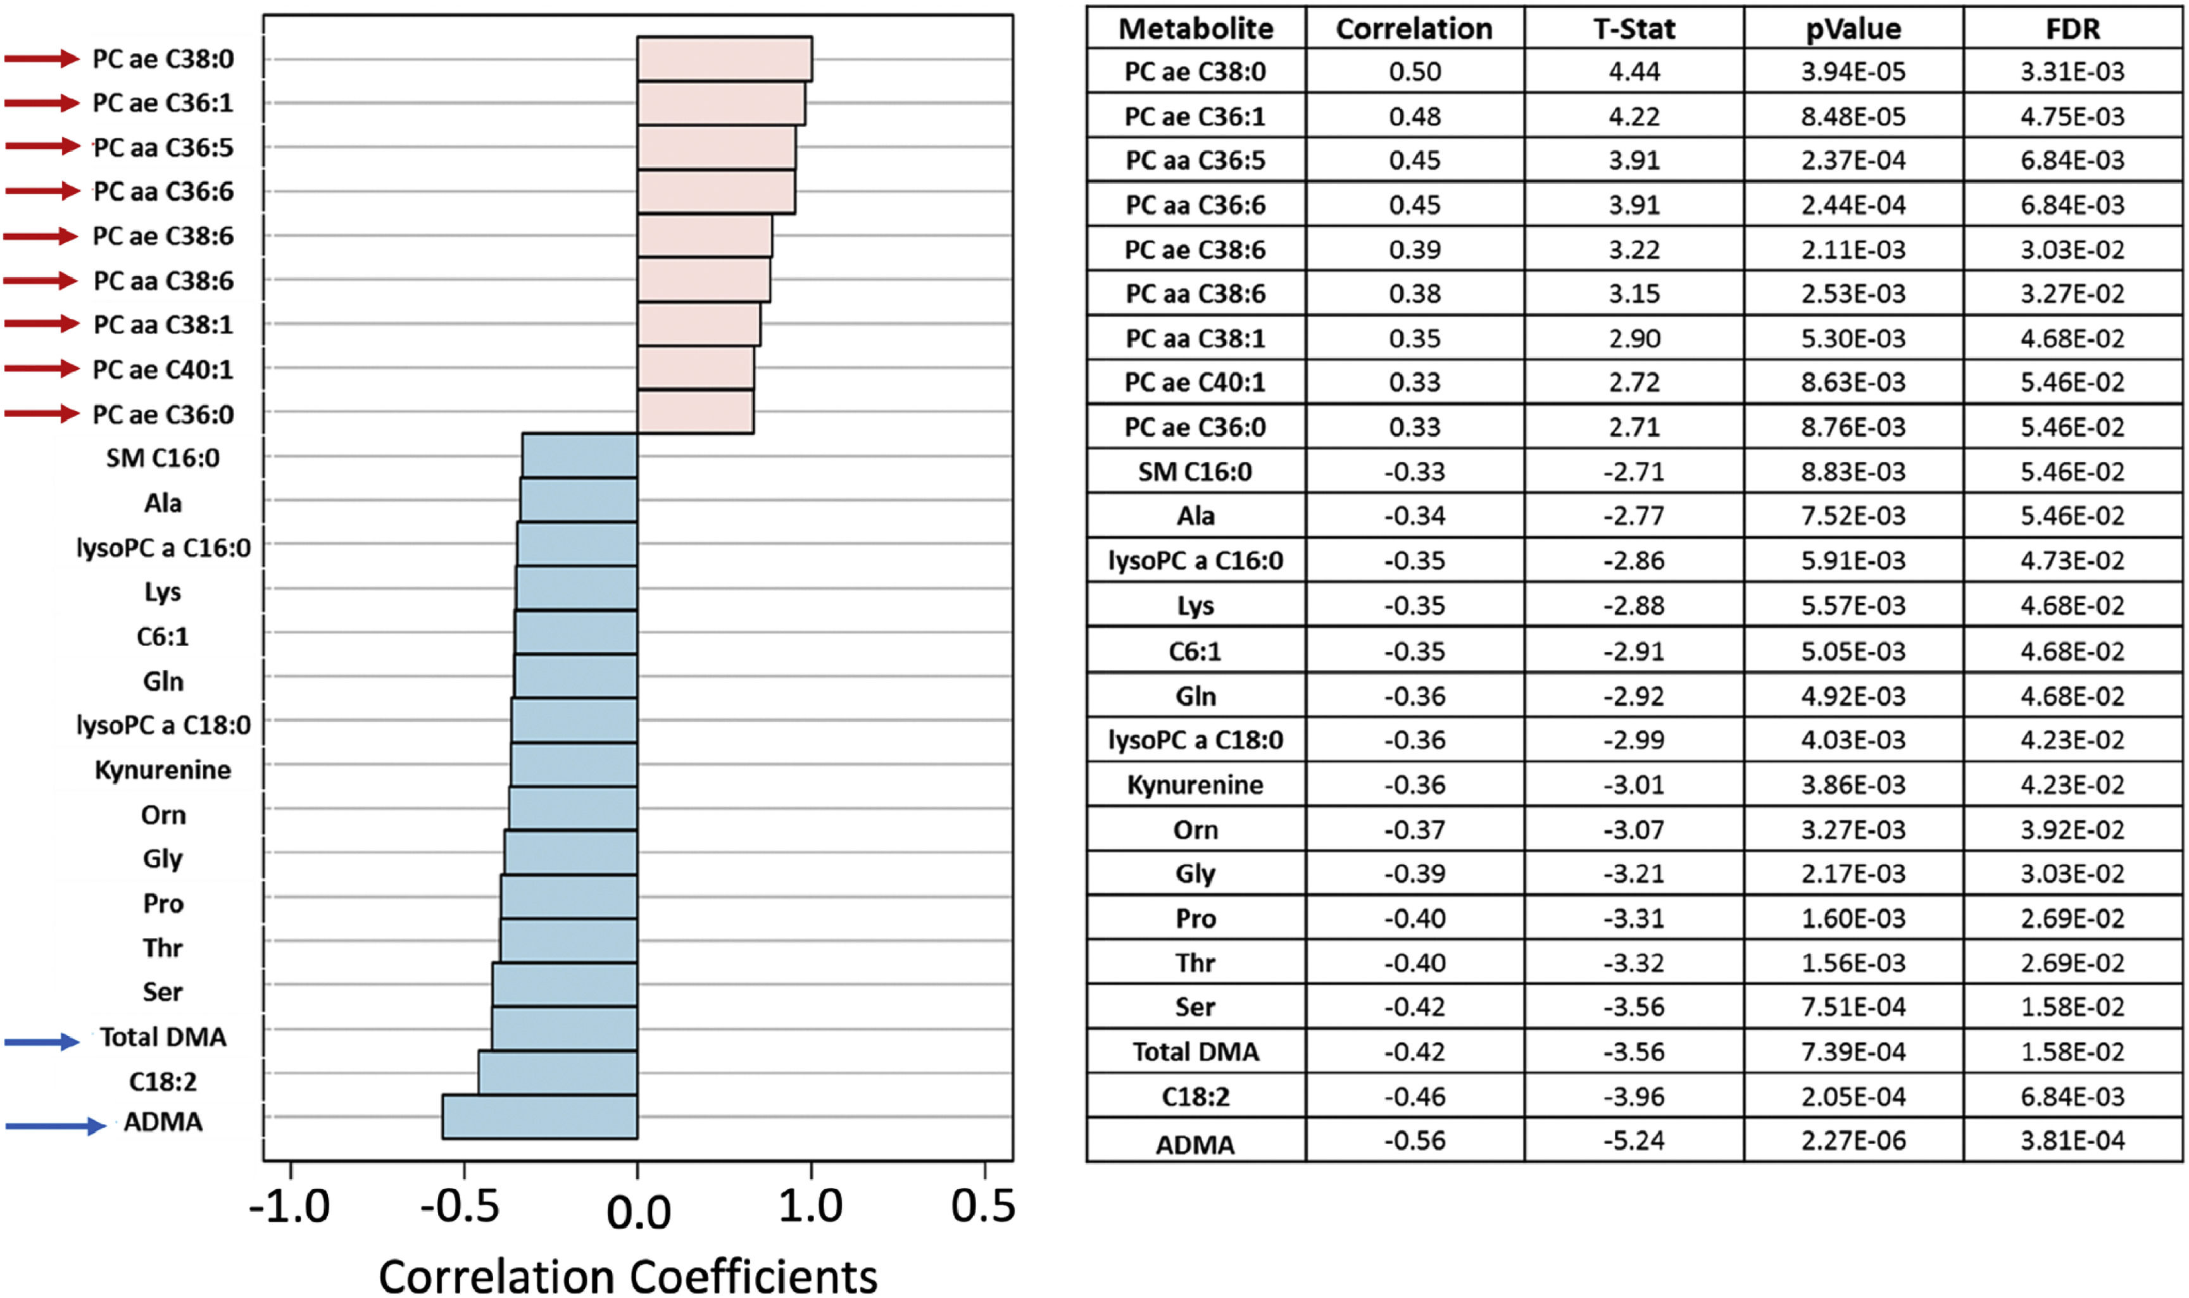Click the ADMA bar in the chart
[x=540, y=1116]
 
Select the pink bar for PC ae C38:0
[x=724, y=59]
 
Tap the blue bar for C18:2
[x=557, y=1072]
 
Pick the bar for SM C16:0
[x=579, y=455]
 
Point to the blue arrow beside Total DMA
[x=42, y=1041]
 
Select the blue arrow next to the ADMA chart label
[x=55, y=1126]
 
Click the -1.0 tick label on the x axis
[x=289, y=1207]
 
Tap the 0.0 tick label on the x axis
[x=638, y=1213]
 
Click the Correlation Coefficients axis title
[x=627, y=1275]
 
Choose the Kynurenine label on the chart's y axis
[x=163, y=770]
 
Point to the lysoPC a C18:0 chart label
[x=163, y=725]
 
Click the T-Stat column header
[x=1633, y=29]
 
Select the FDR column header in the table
[x=2072, y=29]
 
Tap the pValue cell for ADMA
[x=1852, y=1140]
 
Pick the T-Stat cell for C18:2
[x=1633, y=1096]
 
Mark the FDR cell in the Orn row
[x=2072, y=829]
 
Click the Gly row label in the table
[x=1195, y=874]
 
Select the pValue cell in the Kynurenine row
[x=1852, y=785]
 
